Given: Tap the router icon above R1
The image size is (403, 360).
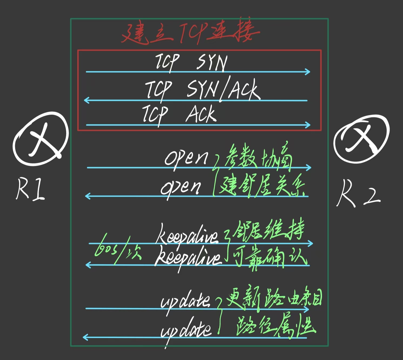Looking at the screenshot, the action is click(x=41, y=139).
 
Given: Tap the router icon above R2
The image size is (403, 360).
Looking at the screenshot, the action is click(x=361, y=138).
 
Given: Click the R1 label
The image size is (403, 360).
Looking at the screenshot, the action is click(x=30, y=189).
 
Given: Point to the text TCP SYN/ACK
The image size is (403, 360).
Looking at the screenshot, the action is click(x=203, y=90).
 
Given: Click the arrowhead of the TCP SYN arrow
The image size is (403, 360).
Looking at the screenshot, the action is click(x=308, y=72).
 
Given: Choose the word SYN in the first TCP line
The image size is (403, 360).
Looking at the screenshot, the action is click(x=212, y=62).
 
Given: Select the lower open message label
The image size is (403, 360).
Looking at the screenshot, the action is click(x=181, y=187).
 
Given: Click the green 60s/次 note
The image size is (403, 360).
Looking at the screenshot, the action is click(x=117, y=250).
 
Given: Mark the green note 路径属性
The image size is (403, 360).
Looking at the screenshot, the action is click(x=276, y=325).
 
